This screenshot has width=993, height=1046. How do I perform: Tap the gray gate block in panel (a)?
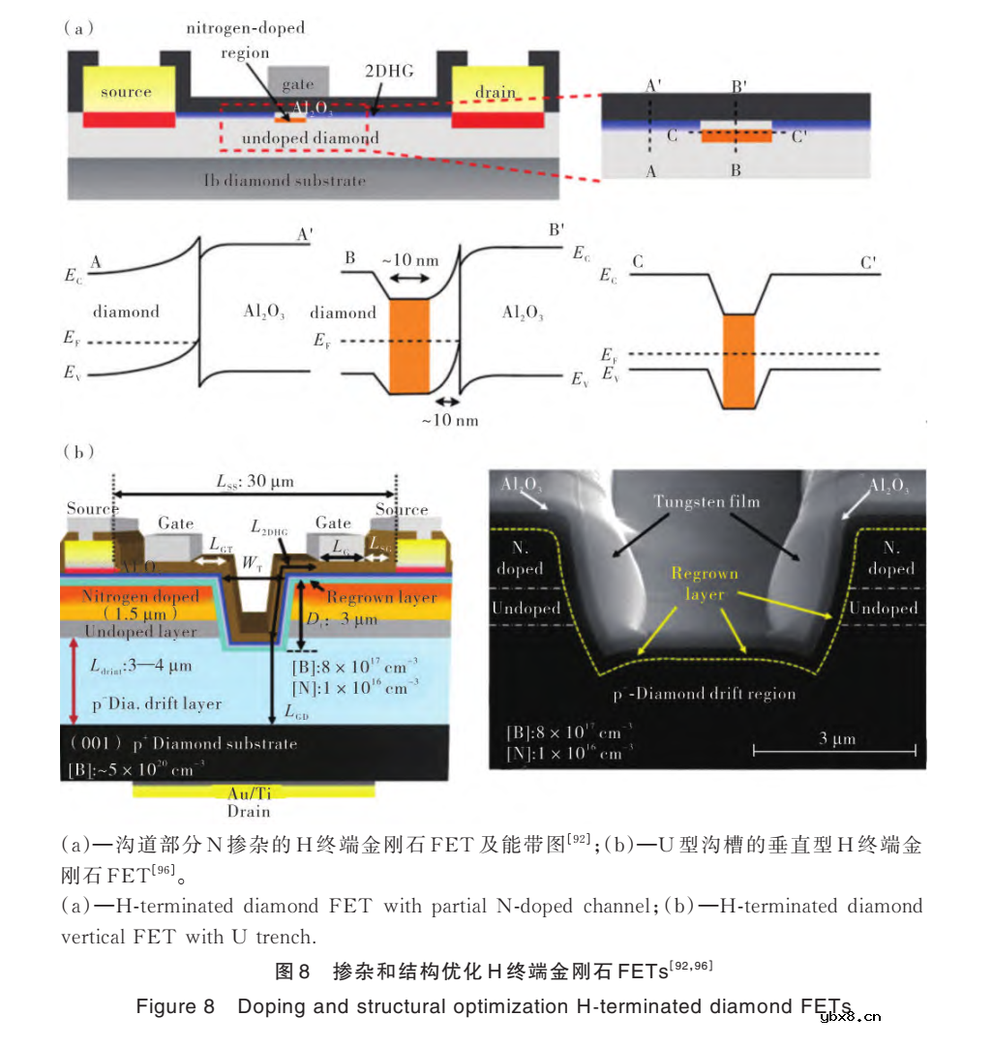297,83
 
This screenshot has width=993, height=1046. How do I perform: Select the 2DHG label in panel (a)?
385,73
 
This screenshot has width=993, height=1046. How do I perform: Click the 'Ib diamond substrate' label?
285,180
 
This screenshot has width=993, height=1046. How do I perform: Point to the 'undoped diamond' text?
310,138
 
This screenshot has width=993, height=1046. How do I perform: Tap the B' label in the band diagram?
557,231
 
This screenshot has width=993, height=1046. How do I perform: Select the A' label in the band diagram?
304,234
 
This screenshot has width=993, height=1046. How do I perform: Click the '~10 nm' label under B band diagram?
449,420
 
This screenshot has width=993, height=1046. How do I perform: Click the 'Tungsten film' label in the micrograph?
706,501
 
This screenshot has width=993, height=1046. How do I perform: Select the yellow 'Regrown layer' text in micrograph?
705,583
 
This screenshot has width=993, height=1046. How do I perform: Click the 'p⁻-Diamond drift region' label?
705,694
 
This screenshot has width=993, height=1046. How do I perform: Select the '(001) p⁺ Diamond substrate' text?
183,744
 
